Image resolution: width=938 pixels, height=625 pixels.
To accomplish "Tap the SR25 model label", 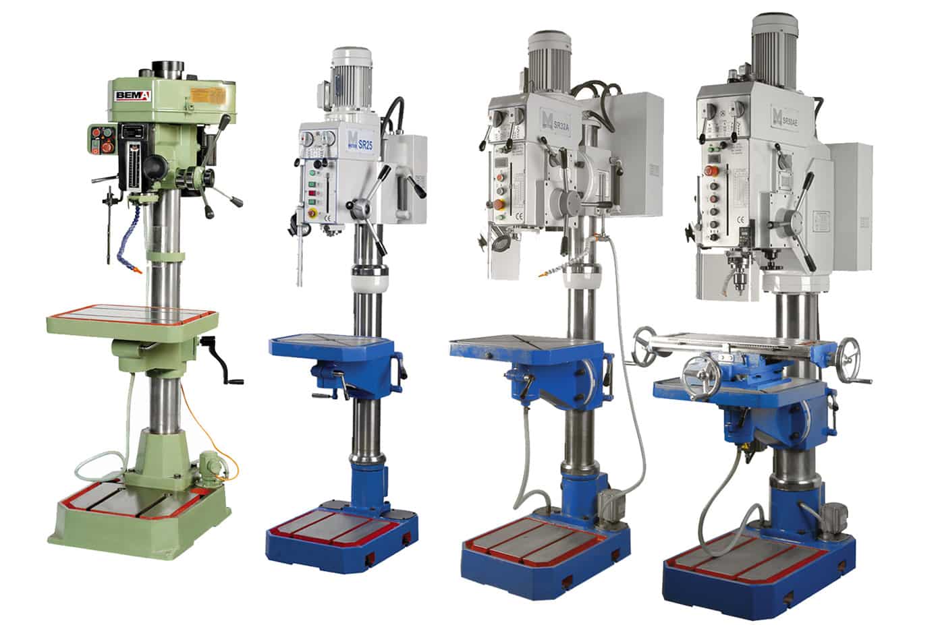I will [x=365, y=144].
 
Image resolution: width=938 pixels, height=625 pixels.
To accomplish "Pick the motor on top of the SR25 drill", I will [x=350, y=80].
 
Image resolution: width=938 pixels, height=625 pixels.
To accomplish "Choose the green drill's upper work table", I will [x=132, y=318].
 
